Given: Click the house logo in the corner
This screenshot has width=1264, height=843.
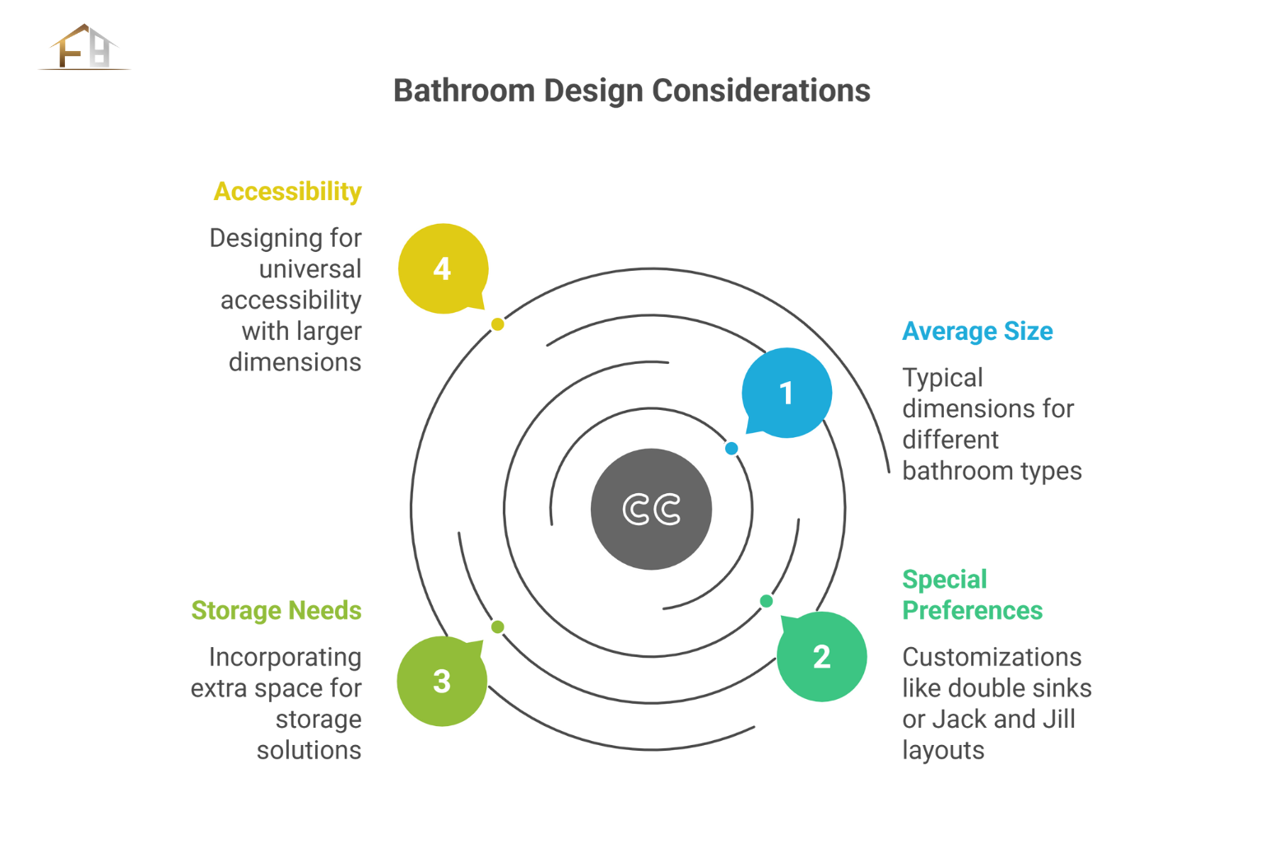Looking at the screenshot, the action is [85, 48].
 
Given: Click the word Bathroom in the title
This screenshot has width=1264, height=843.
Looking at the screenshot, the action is [464, 91].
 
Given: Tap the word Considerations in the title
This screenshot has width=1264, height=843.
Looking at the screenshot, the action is [761, 91].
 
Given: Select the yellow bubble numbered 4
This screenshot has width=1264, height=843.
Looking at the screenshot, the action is [443, 268].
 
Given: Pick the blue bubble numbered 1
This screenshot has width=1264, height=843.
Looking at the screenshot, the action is [787, 393].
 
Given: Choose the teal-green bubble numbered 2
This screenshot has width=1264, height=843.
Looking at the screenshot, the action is [821, 657].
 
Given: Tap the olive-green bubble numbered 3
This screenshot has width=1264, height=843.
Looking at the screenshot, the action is [442, 681].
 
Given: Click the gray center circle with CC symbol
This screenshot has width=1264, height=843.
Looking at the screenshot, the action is [651, 510].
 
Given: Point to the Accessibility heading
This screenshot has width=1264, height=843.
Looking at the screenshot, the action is [288, 192].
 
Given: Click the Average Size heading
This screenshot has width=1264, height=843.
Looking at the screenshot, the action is [978, 331].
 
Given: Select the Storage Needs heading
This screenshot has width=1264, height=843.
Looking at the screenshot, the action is [276, 610].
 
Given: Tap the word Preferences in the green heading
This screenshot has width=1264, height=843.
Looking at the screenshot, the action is [972, 610].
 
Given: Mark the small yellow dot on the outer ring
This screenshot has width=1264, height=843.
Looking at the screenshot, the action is [497, 324].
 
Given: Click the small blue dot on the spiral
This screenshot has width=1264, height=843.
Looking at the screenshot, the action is [732, 449].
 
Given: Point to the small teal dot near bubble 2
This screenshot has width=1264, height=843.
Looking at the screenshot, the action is [766, 601].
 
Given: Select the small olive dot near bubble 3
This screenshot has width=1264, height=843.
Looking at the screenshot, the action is [497, 626].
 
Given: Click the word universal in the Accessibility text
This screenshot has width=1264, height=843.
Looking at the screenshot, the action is [310, 268].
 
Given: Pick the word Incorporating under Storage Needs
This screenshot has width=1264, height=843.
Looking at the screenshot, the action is [285, 658].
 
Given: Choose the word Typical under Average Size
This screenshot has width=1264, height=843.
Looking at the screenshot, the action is [942, 379].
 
